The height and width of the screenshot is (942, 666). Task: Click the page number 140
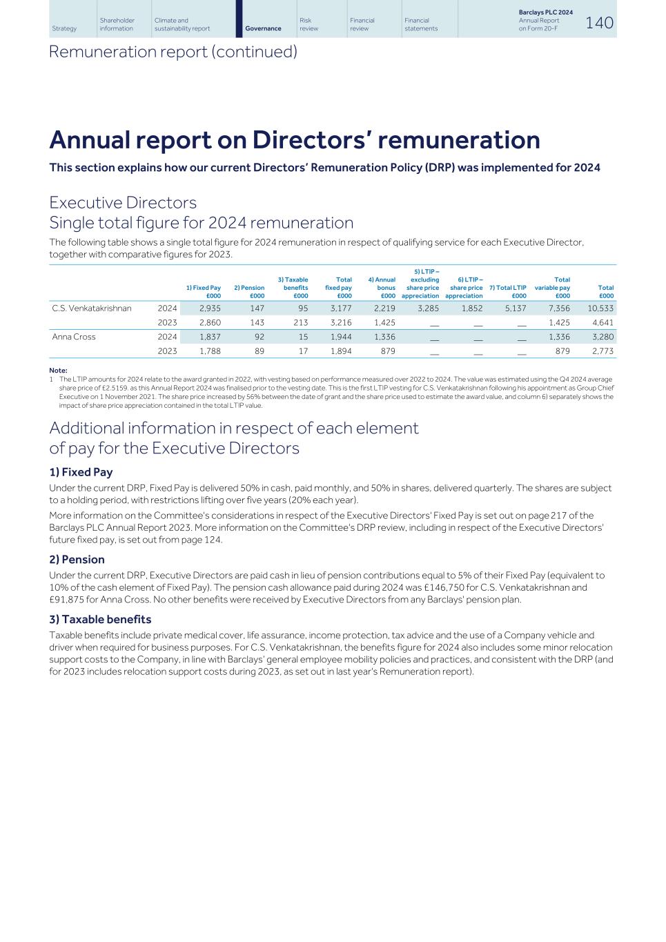point(599,23)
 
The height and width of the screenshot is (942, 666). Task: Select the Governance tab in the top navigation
point(263,28)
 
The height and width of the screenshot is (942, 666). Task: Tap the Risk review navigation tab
point(309,24)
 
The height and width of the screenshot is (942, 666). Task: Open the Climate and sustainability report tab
point(182,24)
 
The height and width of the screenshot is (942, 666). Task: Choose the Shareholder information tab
point(117,24)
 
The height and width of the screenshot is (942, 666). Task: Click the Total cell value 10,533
point(600,308)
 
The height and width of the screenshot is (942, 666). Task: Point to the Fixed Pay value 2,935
point(210,308)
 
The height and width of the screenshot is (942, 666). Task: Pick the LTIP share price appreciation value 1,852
point(471,308)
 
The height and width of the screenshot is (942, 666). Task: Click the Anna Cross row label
point(74,337)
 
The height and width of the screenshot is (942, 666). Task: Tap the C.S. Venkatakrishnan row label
point(91,308)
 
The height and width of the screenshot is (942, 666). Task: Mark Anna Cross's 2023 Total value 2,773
point(603,351)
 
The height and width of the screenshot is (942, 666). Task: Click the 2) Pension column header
point(249,291)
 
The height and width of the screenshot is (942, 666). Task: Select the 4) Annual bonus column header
point(382,288)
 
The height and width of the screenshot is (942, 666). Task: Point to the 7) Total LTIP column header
point(507,291)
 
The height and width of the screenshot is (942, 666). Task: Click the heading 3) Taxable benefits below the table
point(100,619)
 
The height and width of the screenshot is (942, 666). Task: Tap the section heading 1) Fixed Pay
point(81,472)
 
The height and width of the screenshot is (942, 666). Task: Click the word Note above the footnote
point(58,371)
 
